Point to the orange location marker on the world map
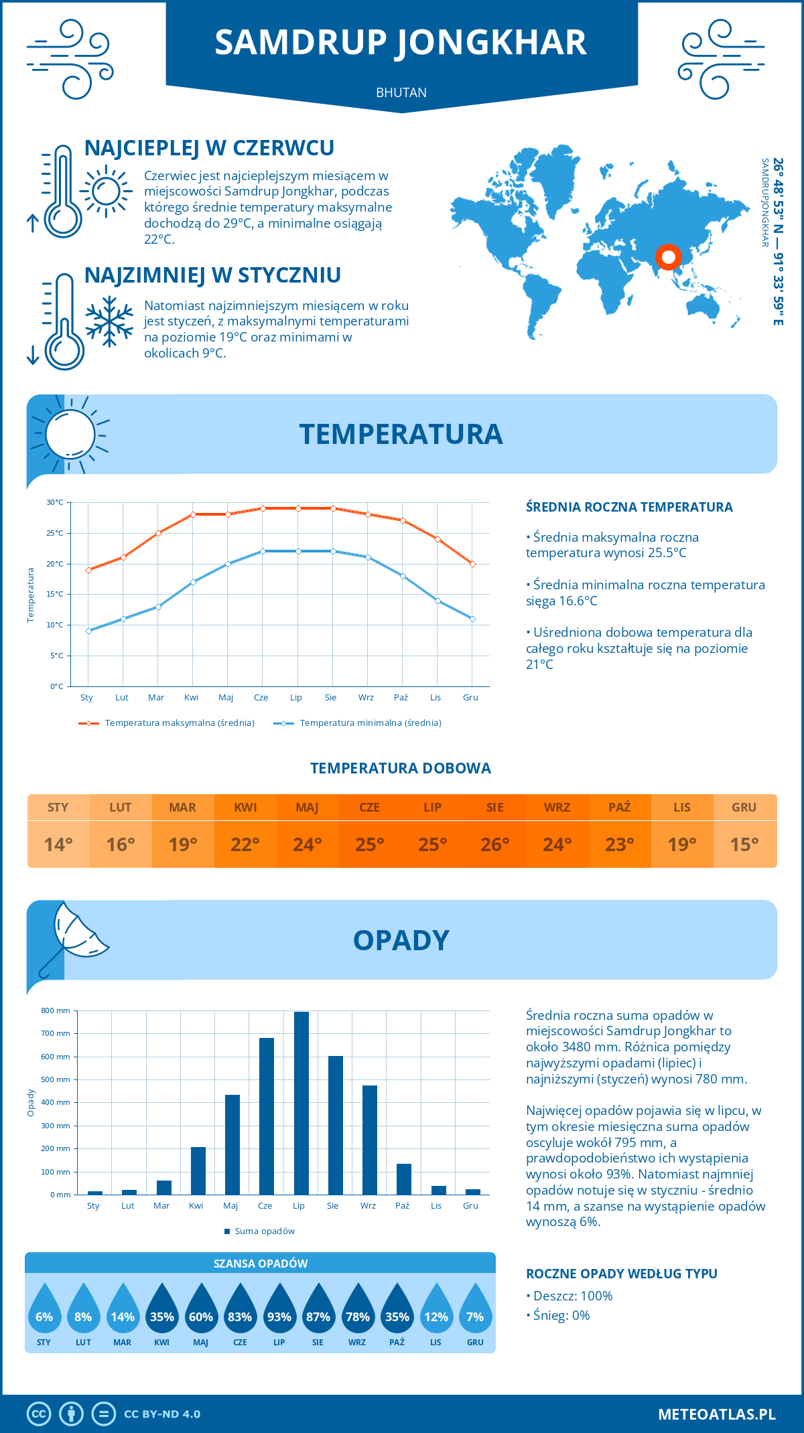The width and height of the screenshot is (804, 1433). [668, 256]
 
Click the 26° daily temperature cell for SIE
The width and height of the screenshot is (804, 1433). [494, 844]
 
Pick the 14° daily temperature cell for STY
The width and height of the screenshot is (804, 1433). [58, 844]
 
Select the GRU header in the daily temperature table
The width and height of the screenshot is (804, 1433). [744, 808]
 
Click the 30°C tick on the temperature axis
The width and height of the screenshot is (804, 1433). [55, 502]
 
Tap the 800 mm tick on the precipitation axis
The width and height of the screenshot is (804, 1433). [56, 1010]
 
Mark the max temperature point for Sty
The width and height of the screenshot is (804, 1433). [88, 570]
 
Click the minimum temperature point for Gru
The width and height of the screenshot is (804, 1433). [472, 619]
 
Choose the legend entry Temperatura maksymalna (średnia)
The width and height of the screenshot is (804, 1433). [167, 723]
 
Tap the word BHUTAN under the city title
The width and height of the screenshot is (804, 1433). [401, 92]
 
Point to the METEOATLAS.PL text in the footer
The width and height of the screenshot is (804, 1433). [716, 1414]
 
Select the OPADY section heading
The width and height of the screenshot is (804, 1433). [401, 940]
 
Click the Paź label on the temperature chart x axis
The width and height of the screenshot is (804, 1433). [401, 698]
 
